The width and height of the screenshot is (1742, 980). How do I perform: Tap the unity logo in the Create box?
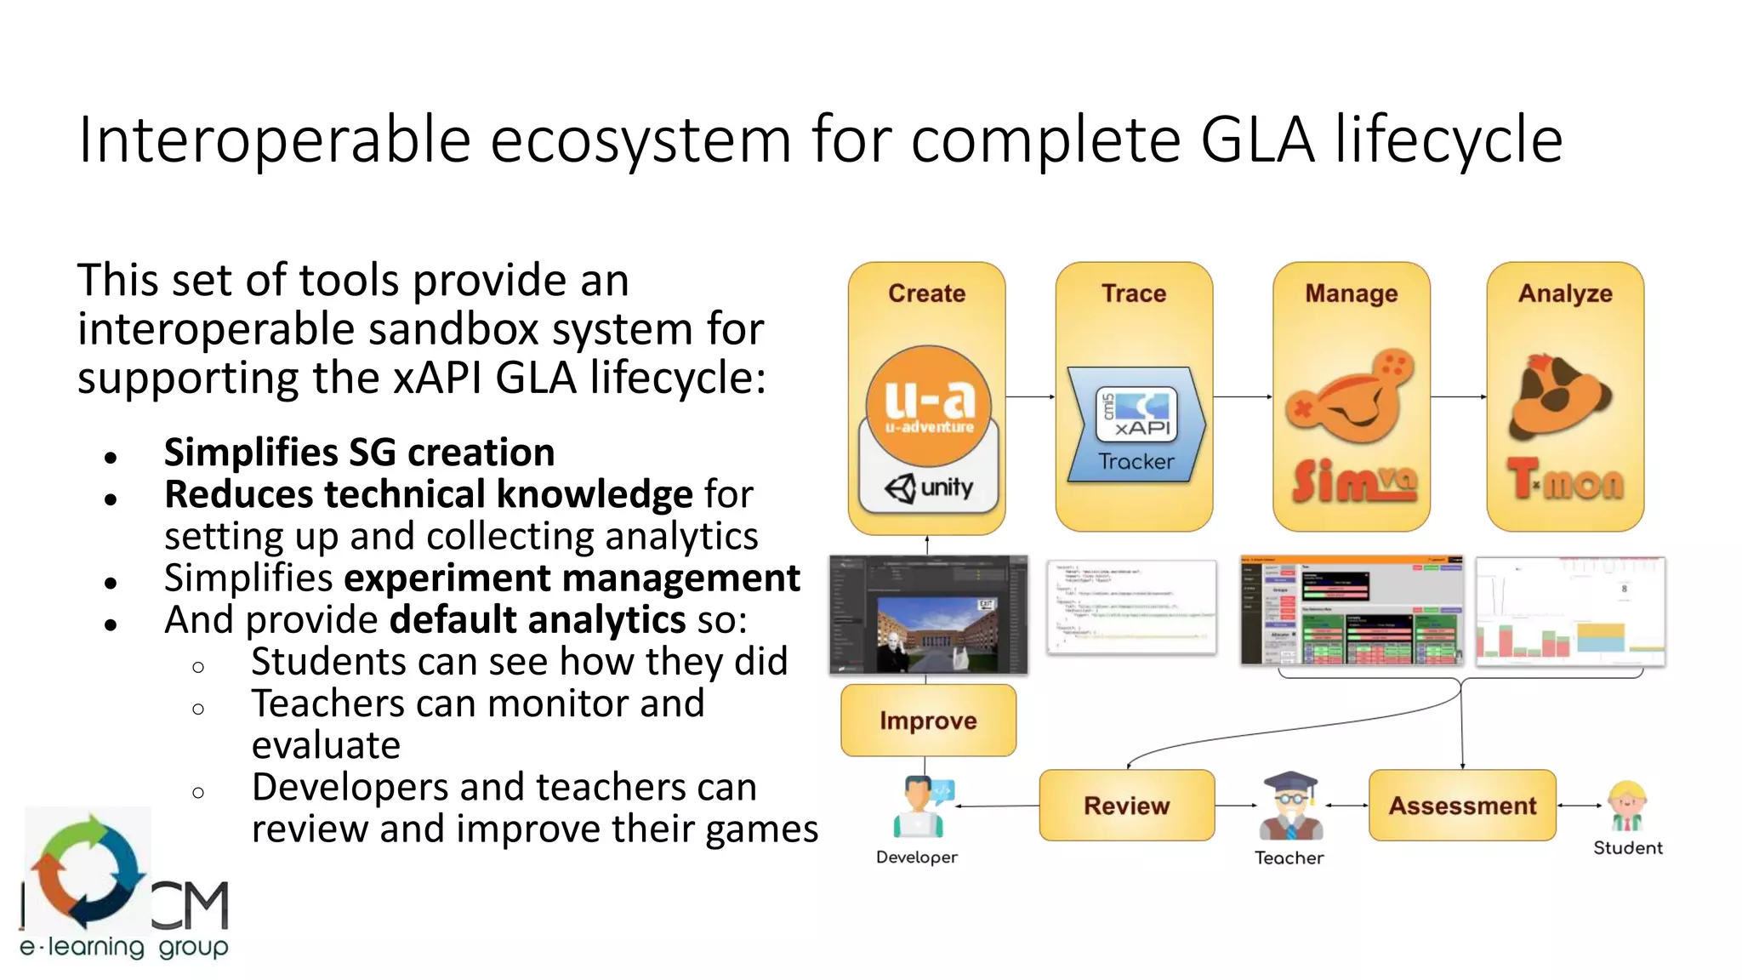(x=929, y=488)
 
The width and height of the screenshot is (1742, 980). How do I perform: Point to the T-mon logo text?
(x=1565, y=481)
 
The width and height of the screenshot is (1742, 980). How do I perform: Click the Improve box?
(x=928, y=721)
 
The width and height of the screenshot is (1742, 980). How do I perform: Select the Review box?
(x=1126, y=806)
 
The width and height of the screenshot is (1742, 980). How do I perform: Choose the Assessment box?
(x=1462, y=806)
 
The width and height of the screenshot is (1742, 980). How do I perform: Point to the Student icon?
(x=1626, y=806)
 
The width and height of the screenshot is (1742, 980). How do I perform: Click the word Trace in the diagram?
(x=1134, y=293)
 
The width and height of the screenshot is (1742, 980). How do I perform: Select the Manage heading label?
(x=1352, y=293)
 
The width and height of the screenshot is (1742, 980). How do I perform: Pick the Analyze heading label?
(x=1565, y=293)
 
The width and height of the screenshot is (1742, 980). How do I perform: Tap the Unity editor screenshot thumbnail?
(x=928, y=615)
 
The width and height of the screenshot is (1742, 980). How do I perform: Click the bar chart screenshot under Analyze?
(x=1570, y=612)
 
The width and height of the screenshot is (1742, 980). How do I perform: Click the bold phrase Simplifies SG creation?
(x=359, y=453)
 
